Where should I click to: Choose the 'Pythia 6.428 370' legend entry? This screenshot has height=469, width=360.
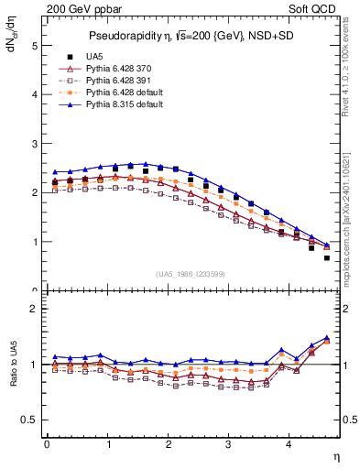119,69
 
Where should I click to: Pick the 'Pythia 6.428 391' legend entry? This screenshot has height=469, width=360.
119,81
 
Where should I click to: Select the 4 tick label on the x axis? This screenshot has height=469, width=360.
289,445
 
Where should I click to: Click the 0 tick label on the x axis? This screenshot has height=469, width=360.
47,445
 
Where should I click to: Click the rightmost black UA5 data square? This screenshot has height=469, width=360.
326,257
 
